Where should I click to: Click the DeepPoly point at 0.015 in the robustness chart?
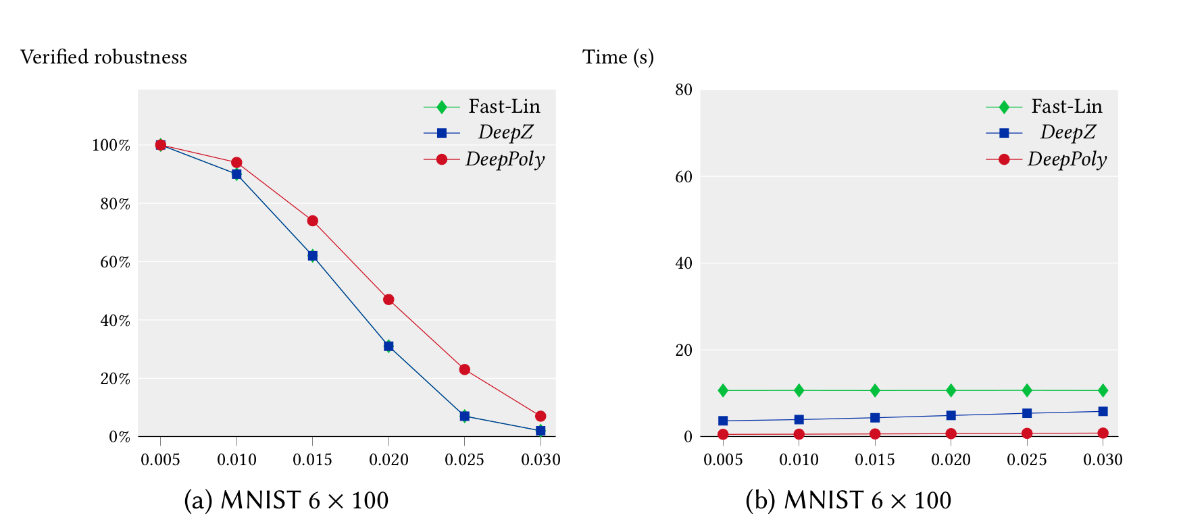312,221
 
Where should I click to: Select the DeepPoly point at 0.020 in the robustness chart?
388,300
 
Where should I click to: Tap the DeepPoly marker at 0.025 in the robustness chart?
464,370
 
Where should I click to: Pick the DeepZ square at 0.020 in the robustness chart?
388,346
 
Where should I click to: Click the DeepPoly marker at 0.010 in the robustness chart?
236,163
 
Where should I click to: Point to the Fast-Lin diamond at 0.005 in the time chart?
723,390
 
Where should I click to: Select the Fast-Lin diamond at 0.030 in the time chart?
1103,390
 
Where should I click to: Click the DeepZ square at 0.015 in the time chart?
875,418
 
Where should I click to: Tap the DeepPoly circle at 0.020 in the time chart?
951,433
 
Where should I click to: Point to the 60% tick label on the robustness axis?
115,262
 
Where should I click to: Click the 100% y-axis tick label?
111,145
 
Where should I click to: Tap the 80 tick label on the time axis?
684,90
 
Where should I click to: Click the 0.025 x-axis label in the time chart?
1027,460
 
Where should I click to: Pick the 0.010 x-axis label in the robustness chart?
236,460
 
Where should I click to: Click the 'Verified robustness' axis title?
103,57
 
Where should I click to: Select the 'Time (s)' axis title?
618,57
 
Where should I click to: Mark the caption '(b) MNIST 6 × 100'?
848,500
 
